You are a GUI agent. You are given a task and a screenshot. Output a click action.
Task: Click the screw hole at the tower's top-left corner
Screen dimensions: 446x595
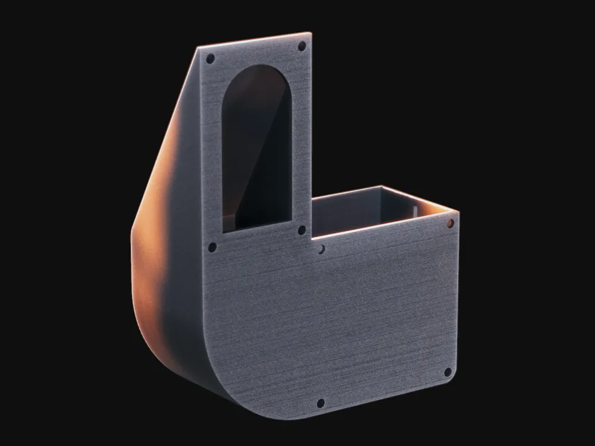tap(210, 59)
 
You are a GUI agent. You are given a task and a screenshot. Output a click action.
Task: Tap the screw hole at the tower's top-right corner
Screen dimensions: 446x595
tap(302, 46)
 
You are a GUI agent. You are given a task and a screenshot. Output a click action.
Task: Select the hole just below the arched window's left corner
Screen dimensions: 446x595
tap(212, 247)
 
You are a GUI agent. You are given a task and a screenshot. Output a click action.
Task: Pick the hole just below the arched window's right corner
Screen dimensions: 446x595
tap(302, 230)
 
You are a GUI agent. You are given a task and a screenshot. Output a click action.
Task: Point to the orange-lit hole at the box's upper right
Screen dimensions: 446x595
tap(450, 223)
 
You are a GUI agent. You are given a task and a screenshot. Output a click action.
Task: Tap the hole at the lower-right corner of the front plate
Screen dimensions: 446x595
tap(448, 372)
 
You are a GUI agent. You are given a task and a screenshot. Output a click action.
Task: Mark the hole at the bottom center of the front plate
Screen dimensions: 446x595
tap(321, 403)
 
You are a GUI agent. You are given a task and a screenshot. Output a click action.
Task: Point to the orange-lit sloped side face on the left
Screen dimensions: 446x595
tap(158, 238)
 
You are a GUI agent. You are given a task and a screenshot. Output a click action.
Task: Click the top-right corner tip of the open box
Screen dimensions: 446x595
tap(459, 211)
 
